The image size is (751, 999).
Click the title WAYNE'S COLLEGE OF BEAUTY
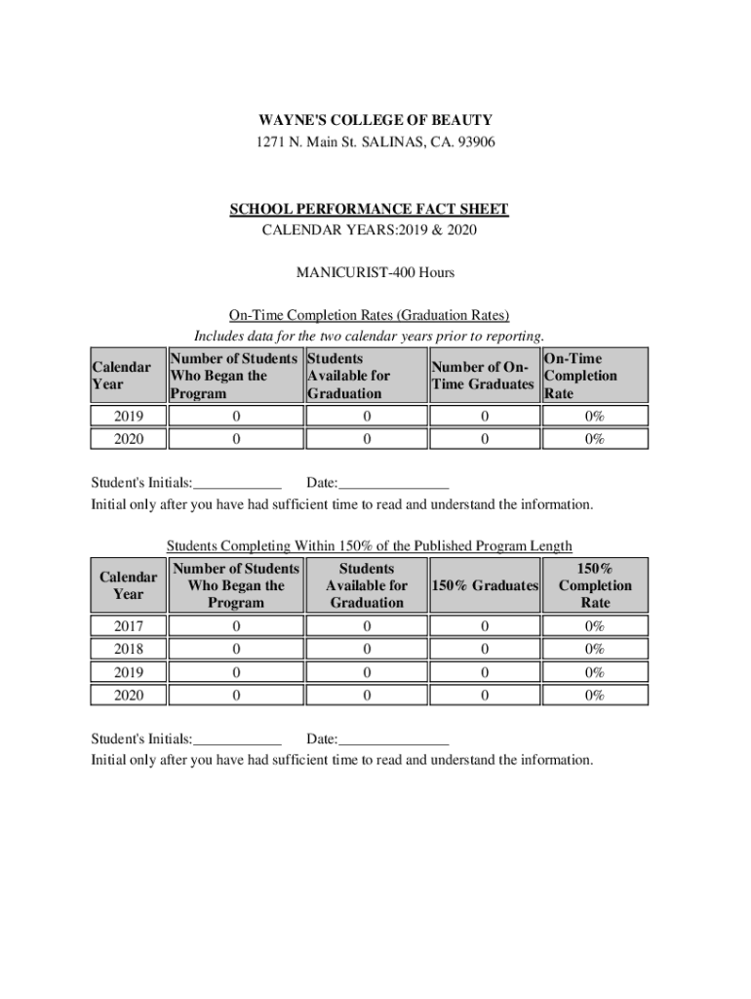click(x=375, y=120)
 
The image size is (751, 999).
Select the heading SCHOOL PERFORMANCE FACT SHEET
click(x=369, y=210)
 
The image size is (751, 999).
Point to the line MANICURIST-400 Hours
click(x=375, y=272)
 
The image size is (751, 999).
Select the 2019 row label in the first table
click(x=127, y=418)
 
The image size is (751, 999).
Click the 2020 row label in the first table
click(x=127, y=439)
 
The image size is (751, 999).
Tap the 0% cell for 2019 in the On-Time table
click(x=594, y=418)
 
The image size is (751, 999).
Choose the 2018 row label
click(x=127, y=650)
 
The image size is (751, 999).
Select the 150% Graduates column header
click(x=484, y=585)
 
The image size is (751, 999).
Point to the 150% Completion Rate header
click(x=595, y=585)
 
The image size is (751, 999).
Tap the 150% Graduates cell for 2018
click(x=484, y=650)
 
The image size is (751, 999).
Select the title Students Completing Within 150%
click(x=369, y=545)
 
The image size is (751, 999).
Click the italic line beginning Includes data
click(x=369, y=337)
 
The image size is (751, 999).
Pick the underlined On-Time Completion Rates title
click(x=369, y=315)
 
